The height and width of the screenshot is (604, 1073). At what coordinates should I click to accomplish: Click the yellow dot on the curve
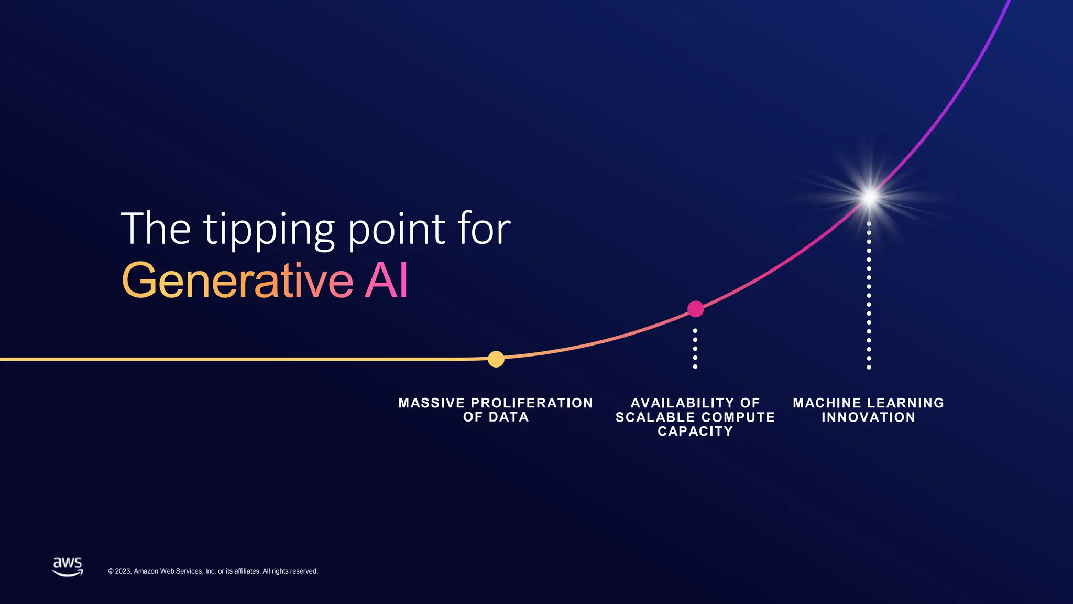point(496,359)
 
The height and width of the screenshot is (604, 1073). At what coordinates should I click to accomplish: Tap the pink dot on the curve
point(695,309)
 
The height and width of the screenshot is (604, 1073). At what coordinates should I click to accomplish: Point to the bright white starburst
point(870,197)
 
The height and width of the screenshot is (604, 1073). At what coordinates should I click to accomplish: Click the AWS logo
point(68,566)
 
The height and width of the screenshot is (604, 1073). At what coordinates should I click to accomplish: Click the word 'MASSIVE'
point(432,403)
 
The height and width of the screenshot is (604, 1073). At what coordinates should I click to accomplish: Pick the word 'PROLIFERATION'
point(532,403)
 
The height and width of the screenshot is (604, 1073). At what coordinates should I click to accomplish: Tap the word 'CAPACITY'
point(695,432)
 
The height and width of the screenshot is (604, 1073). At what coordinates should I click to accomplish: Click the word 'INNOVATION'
point(868,417)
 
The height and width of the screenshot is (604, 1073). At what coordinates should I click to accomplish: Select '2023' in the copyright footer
point(123,571)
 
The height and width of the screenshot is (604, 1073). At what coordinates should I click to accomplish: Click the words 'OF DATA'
point(496,417)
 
